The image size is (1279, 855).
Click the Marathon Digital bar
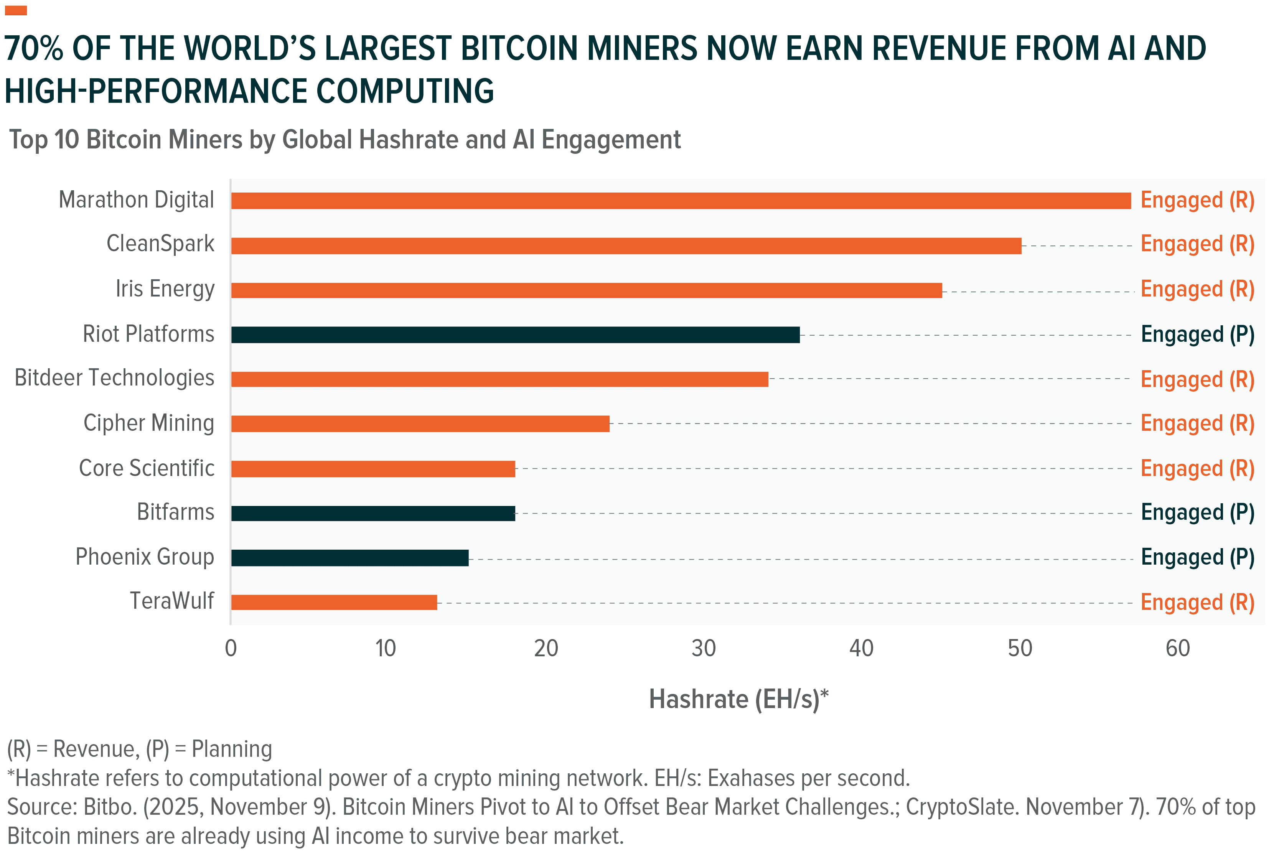[x=681, y=201]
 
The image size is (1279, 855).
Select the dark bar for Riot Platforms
[x=515, y=335]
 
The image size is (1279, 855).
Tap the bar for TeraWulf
[x=334, y=603]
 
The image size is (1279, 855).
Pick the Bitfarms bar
[x=373, y=514]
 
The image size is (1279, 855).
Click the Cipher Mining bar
[x=420, y=424]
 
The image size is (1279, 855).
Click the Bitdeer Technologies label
[x=114, y=377]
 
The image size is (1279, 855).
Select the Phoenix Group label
[x=145, y=557]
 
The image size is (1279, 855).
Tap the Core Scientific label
[x=147, y=468]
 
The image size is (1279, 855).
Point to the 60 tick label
[x=1178, y=648]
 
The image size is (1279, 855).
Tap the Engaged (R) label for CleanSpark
[x=1198, y=244]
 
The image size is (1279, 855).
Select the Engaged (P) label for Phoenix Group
[x=1198, y=557]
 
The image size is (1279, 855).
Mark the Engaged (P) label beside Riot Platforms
[x=1198, y=334]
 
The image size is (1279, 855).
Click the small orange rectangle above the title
[x=16, y=10]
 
